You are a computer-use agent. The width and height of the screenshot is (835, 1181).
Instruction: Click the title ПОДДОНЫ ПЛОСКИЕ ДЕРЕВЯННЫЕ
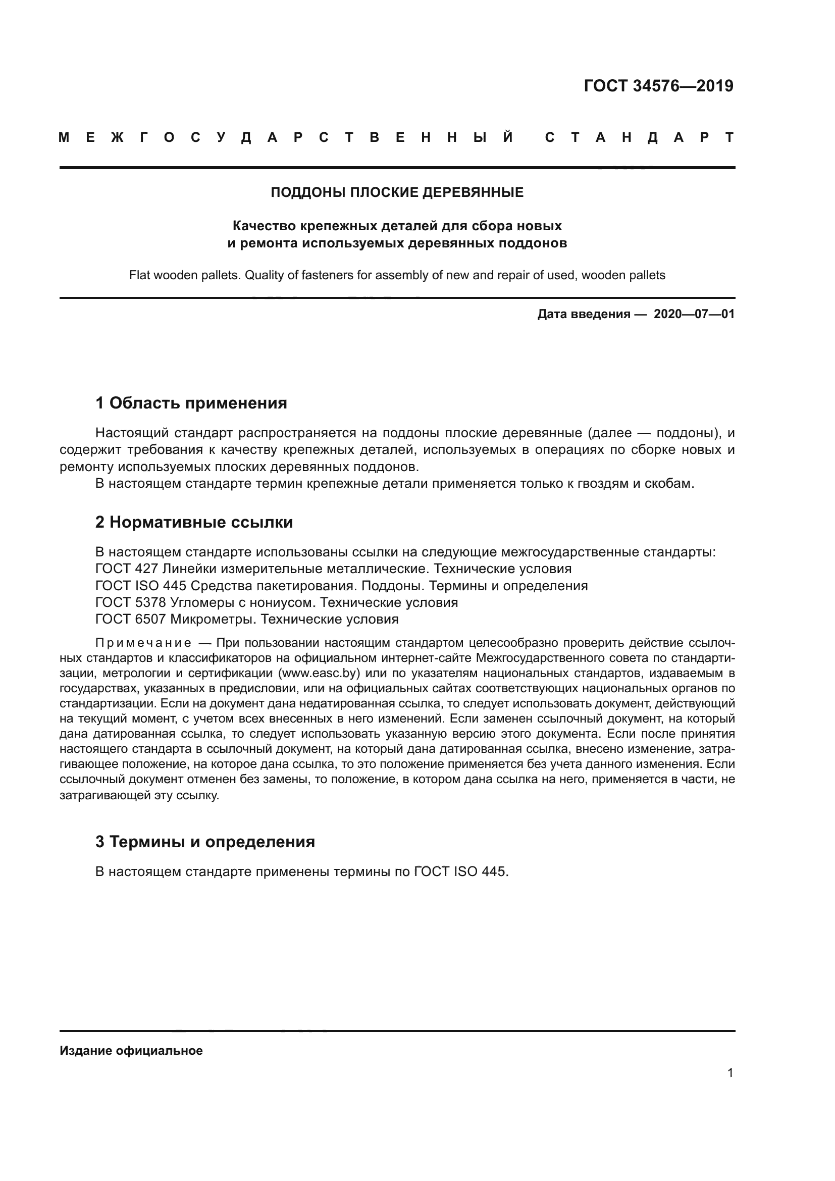397,192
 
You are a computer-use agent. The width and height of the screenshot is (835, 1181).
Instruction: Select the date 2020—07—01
694,314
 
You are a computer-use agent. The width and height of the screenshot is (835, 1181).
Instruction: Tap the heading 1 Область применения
191,403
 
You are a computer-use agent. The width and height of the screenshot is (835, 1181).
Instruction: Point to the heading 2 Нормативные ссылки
194,522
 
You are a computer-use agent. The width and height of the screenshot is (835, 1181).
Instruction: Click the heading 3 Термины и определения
205,842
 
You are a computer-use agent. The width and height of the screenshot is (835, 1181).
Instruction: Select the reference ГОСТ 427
127,569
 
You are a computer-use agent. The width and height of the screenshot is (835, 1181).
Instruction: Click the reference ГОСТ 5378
131,602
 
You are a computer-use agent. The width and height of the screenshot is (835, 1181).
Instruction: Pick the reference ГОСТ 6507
131,620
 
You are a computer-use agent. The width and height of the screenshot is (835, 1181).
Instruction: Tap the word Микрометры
213,620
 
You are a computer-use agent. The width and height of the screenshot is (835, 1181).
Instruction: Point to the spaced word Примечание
143,643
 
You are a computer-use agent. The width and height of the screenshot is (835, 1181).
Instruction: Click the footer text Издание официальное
131,1051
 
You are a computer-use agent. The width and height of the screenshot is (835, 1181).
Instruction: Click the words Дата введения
584,314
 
